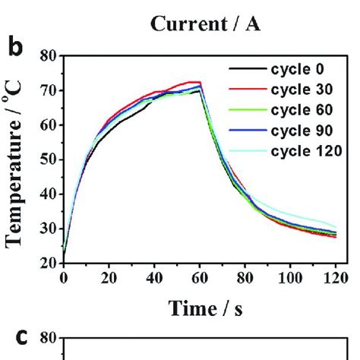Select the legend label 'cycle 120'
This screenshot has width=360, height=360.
point(303,150)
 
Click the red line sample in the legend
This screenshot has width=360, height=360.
point(247,90)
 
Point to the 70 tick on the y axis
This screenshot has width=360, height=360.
point(49,90)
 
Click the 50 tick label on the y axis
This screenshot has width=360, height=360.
point(49,159)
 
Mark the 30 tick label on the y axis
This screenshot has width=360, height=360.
point(49,229)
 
